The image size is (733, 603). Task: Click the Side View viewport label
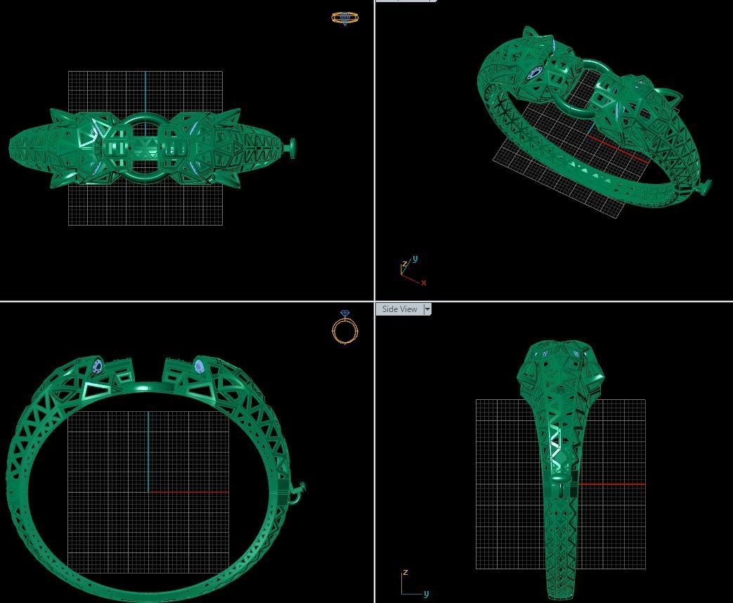[399, 309]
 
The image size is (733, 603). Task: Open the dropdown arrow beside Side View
[427, 309]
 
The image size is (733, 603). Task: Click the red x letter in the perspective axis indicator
[424, 283]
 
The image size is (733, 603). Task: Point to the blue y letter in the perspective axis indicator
[415, 259]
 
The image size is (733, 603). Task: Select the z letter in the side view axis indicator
[406, 573]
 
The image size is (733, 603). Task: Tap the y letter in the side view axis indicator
[426, 594]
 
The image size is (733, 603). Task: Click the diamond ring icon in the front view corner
[344, 328]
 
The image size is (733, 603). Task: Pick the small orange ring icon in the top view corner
[344, 18]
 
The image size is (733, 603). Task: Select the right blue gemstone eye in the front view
[199, 366]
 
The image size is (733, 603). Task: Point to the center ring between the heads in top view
[145, 149]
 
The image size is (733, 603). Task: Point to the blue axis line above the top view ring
[145, 91]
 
